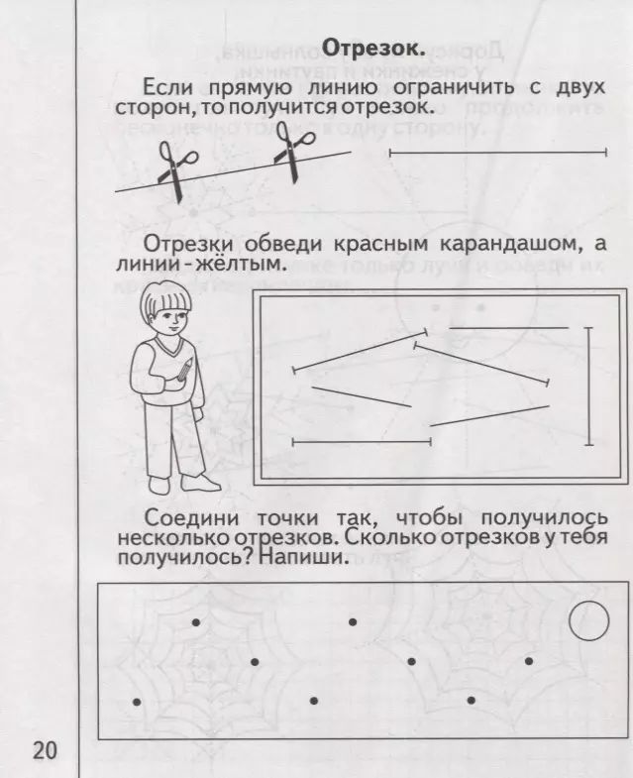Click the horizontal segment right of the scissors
(497, 153)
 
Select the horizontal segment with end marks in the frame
(361, 441)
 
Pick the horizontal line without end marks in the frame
(508, 327)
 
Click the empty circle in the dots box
(589, 621)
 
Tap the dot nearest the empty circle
(529, 660)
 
